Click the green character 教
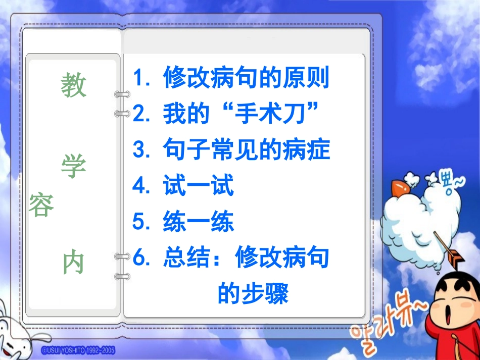(74, 85)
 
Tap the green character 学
(74, 167)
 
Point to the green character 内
(74, 263)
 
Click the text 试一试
(199, 186)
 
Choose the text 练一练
(199, 222)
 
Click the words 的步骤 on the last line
(253, 293)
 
